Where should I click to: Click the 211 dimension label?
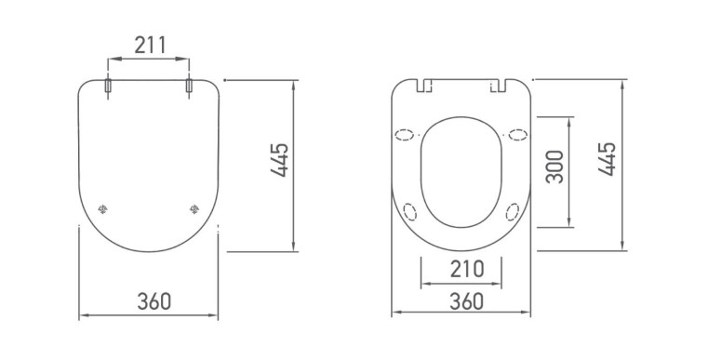151,46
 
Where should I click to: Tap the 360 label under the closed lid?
154,301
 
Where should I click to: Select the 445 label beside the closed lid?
279,160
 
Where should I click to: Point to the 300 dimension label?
554,167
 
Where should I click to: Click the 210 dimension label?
467,269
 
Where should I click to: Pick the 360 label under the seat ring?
467,301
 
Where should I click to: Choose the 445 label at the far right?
608,158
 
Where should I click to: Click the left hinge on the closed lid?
108,86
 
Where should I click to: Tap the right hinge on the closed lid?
189,86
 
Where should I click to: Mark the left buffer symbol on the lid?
103,208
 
